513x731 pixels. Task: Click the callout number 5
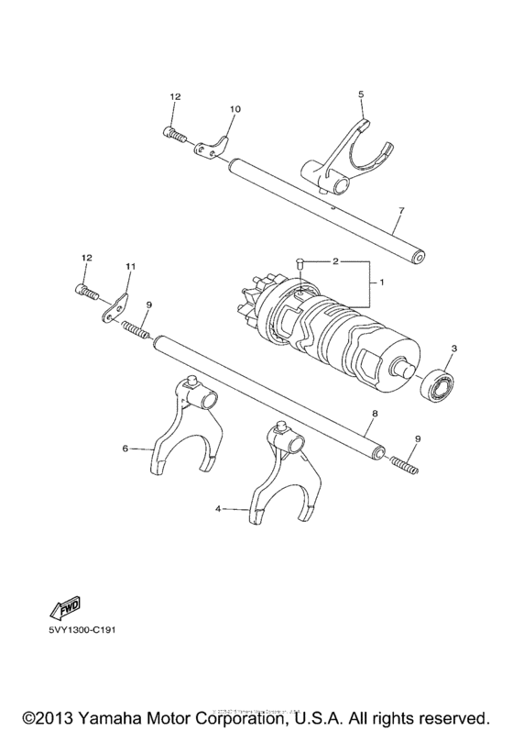click(x=360, y=94)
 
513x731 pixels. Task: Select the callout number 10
click(x=235, y=110)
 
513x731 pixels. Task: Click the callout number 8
click(x=374, y=415)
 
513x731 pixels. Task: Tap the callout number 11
click(x=129, y=266)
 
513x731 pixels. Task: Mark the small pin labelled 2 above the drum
click(x=301, y=265)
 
